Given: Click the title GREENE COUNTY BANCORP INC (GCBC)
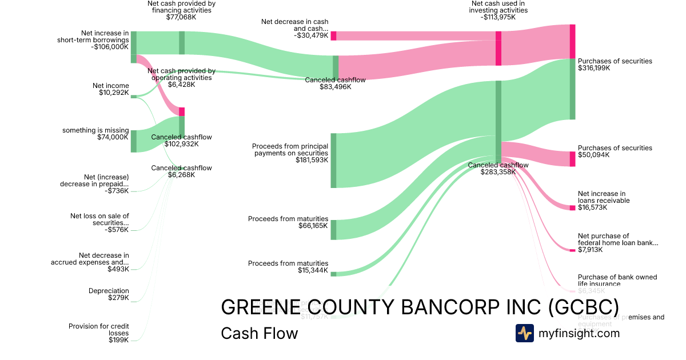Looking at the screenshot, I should [419, 307].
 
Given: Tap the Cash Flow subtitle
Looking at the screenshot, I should [259, 333].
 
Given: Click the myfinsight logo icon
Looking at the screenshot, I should [524, 333].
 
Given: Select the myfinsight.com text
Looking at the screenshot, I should [579, 333].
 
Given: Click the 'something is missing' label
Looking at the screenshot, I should [95, 130].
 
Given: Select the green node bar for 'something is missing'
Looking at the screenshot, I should [134, 141].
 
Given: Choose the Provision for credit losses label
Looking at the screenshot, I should [98, 333].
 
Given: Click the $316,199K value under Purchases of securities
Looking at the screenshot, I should [594, 68].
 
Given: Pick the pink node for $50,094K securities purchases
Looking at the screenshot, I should [572, 159].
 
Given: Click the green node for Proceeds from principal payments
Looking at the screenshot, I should [333, 160].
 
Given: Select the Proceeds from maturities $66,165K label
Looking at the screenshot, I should [288, 222].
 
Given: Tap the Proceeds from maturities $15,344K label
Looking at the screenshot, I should [288, 267].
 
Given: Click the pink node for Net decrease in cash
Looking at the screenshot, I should [333, 35].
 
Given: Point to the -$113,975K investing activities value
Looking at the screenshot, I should [498, 17].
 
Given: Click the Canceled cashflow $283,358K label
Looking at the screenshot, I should [498, 168].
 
